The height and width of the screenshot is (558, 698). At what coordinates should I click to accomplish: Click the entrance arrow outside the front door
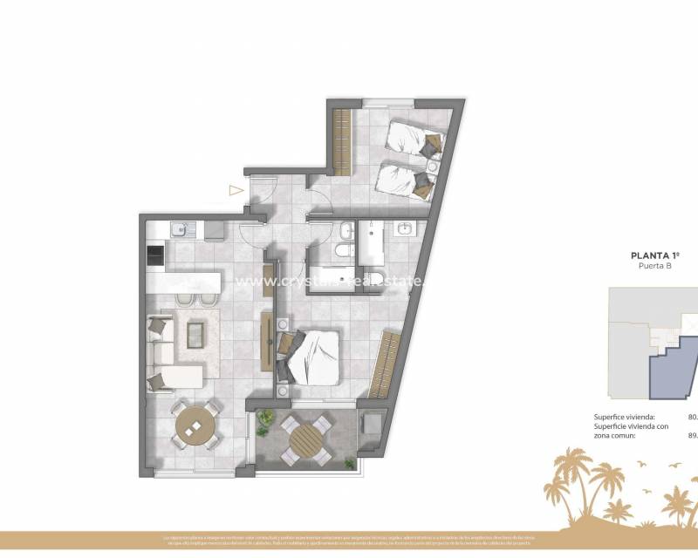click(x=235, y=189)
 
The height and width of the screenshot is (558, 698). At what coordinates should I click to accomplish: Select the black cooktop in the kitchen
click(x=154, y=255)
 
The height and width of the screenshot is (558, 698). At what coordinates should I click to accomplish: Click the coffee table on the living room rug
click(x=195, y=333)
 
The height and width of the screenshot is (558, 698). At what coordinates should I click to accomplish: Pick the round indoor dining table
click(x=195, y=426)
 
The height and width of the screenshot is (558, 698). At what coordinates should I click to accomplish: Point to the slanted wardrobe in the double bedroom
click(x=385, y=363)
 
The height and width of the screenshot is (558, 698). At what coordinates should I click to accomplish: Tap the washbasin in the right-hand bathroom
click(x=405, y=229)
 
